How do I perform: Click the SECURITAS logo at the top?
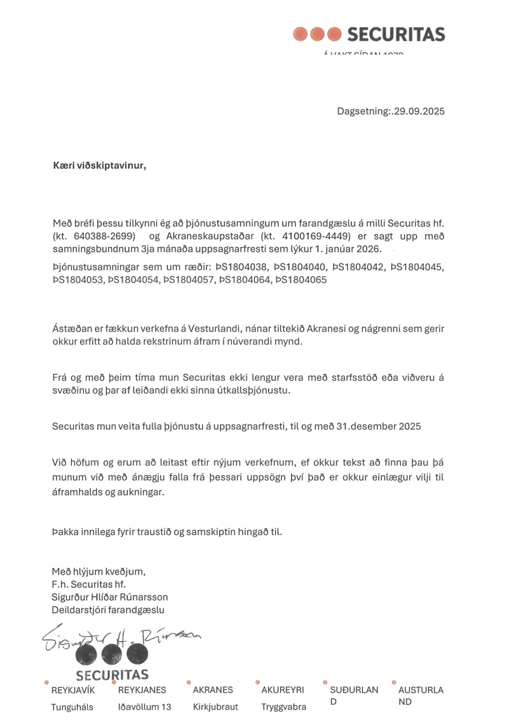[x=369, y=34]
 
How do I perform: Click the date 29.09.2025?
[x=419, y=111]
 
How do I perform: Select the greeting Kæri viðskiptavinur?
[x=99, y=166]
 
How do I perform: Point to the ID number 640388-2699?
[x=98, y=236]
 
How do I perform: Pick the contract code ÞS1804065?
[x=301, y=279]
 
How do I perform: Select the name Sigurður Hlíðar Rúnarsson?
[x=110, y=597]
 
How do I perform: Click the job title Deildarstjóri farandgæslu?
[x=108, y=610]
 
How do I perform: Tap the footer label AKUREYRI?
[x=283, y=690]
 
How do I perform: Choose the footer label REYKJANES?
[x=142, y=690]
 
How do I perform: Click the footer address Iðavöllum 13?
[x=144, y=707]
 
